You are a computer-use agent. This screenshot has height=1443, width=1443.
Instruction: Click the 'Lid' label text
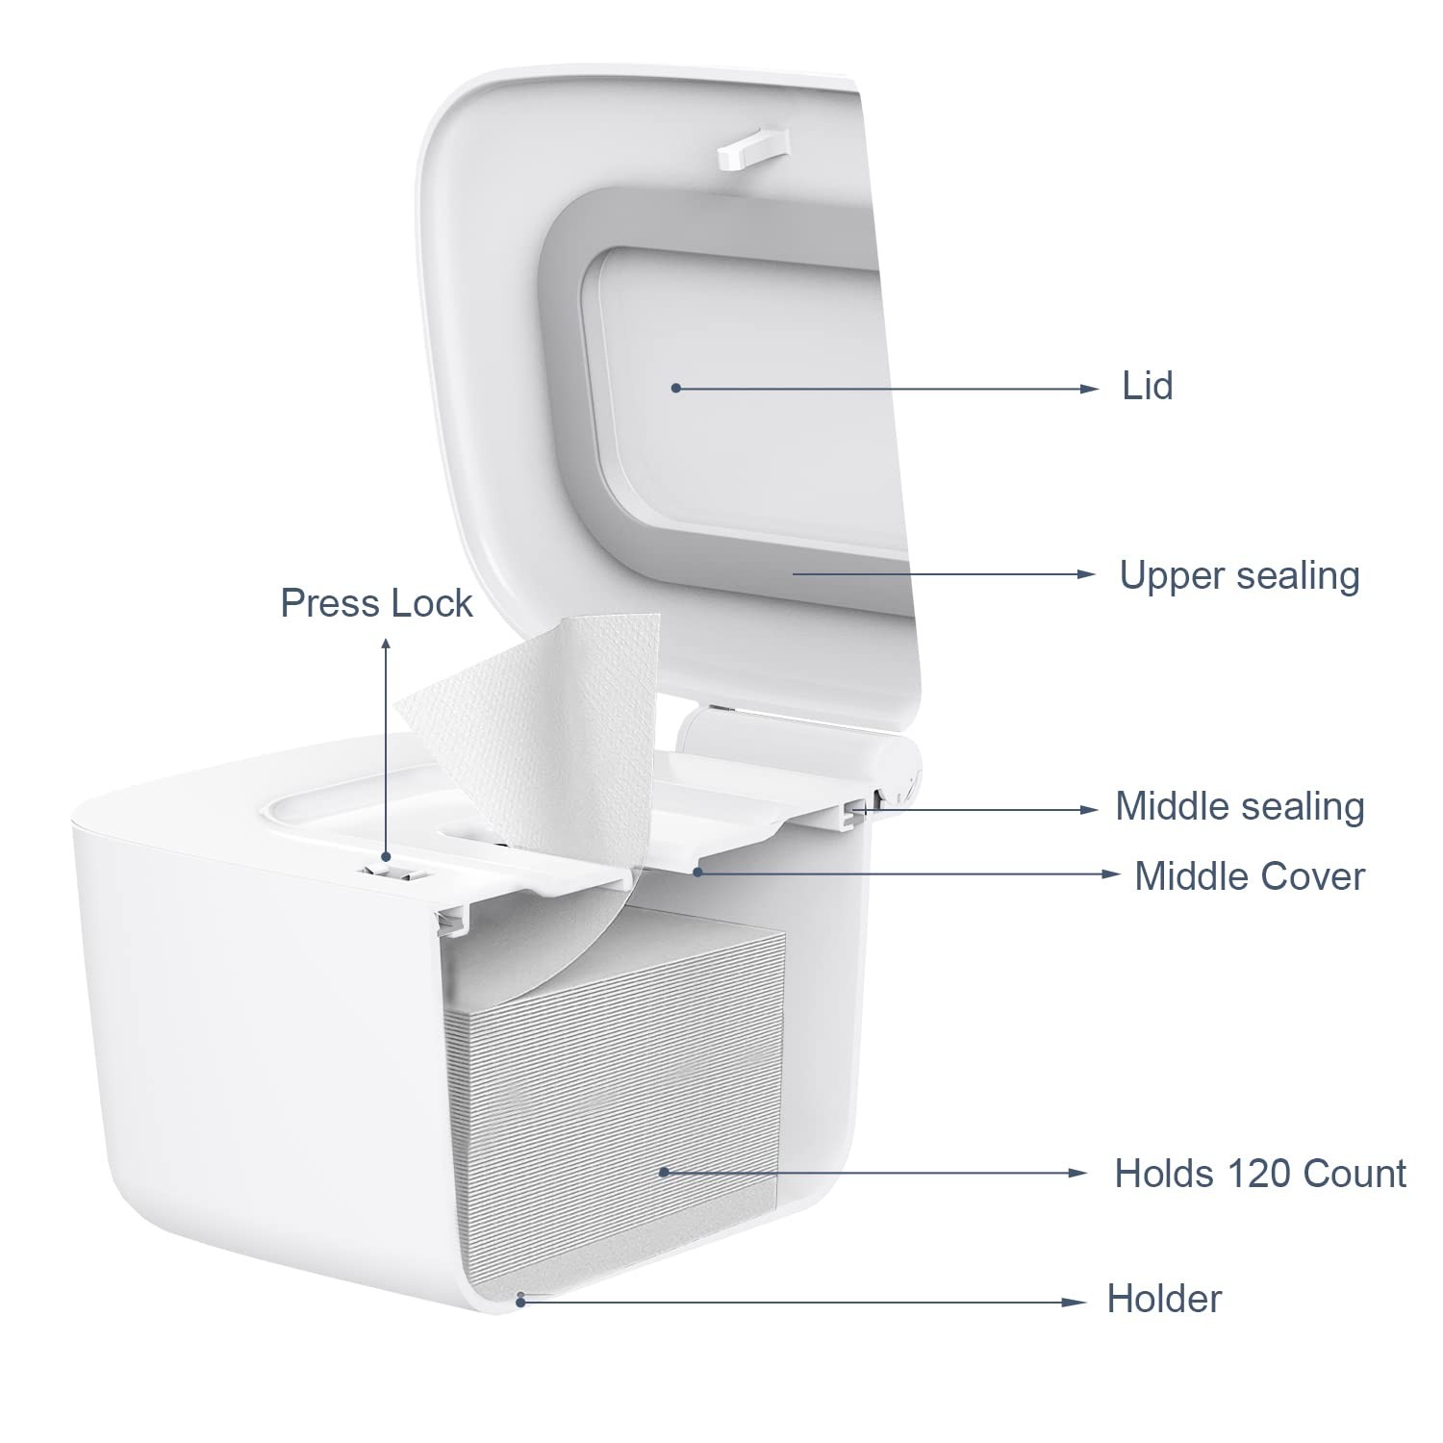coord(1147,387)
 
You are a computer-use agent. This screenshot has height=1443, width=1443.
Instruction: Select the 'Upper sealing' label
coord(1239,575)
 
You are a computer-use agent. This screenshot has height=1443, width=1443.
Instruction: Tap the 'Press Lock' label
coord(376,603)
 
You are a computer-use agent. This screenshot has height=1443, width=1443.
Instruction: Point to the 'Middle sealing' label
coord(1239,806)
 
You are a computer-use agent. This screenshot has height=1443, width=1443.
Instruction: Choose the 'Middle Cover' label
coord(1249,876)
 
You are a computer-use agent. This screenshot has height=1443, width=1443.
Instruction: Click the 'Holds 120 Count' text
coord(1259,1174)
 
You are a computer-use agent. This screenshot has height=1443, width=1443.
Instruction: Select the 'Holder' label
coord(1164,1299)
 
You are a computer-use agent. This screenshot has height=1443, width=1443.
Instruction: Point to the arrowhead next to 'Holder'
coord(1076,1303)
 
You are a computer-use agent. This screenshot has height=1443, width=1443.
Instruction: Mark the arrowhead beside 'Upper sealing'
coord(1086,574)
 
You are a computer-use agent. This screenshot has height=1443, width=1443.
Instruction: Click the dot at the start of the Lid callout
coord(676,388)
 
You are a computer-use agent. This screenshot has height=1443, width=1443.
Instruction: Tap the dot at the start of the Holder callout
coord(520,1302)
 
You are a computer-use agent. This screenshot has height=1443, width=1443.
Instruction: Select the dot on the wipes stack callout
coord(663,1172)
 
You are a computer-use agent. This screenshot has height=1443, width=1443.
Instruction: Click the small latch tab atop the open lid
coord(752,148)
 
